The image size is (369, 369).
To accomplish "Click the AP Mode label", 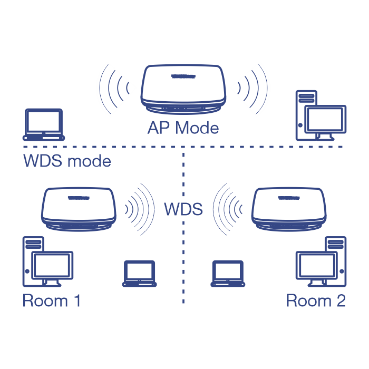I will tap(183, 128).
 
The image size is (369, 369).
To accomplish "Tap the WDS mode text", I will tap(67, 161).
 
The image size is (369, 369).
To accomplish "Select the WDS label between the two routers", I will tap(183, 209).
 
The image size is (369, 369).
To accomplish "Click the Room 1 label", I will tap(52, 301).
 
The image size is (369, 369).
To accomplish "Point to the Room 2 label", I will tap(315, 301).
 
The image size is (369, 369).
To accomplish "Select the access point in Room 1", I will tap(79, 208).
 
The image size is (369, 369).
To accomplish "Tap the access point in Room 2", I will tap(288, 208).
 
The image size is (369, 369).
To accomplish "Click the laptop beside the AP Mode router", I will tap(44, 124).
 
